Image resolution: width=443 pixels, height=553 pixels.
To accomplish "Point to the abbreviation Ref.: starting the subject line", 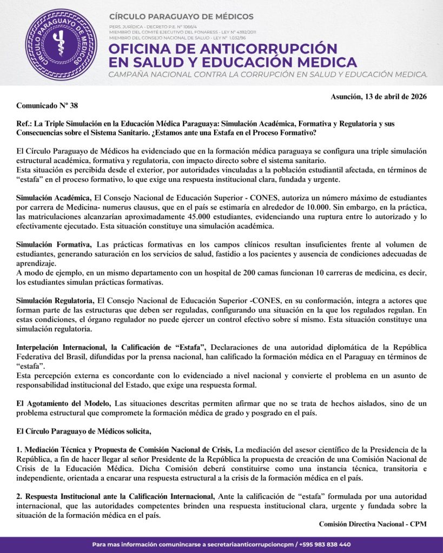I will click(24, 124).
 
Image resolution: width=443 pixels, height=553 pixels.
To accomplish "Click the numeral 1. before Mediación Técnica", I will click(19, 450).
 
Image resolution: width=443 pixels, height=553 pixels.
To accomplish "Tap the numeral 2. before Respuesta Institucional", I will click(19, 496).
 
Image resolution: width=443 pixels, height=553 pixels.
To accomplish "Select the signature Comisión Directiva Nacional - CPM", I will click(373, 524).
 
